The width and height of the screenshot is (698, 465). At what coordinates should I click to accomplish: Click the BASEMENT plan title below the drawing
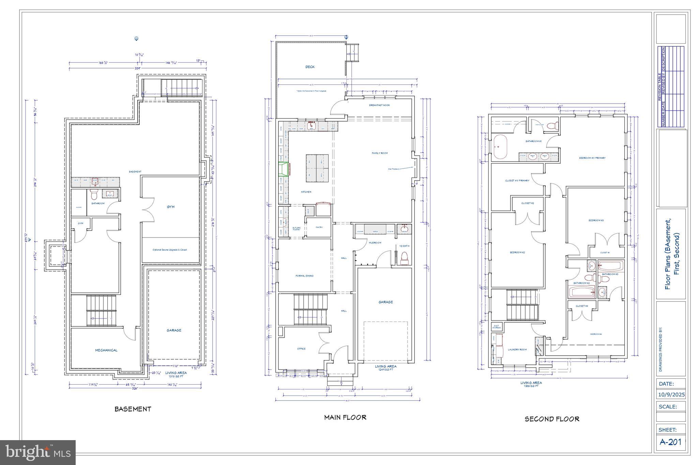(133, 409)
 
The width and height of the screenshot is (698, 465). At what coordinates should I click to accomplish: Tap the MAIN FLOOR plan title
(345, 417)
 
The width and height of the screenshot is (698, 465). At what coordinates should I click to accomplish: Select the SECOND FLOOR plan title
(552, 419)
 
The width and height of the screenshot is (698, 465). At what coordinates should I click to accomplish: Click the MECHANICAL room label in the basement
(106, 350)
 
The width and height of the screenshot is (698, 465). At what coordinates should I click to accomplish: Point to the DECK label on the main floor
(310, 67)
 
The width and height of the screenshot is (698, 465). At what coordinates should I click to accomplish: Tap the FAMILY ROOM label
(379, 153)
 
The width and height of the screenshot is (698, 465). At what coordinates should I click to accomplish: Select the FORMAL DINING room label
(304, 276)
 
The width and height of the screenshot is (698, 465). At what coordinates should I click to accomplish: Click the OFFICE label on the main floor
(301, 349)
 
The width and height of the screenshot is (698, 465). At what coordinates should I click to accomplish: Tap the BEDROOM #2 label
(517, 252)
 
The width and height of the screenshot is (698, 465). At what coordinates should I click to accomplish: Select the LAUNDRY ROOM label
(517, 350)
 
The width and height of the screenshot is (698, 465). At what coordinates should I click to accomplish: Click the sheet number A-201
(670, 442)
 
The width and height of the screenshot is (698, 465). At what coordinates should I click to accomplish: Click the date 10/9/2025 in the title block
(671, 395)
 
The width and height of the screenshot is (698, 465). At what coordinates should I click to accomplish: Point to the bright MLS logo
(38, 452)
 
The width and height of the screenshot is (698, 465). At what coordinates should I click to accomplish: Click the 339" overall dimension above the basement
(137, 68)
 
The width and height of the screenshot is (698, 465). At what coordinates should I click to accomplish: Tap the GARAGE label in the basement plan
(174, 330)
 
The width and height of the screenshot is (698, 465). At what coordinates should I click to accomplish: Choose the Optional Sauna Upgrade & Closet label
(169, 250)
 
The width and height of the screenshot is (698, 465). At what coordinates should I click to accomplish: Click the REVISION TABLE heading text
(659, 87)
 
